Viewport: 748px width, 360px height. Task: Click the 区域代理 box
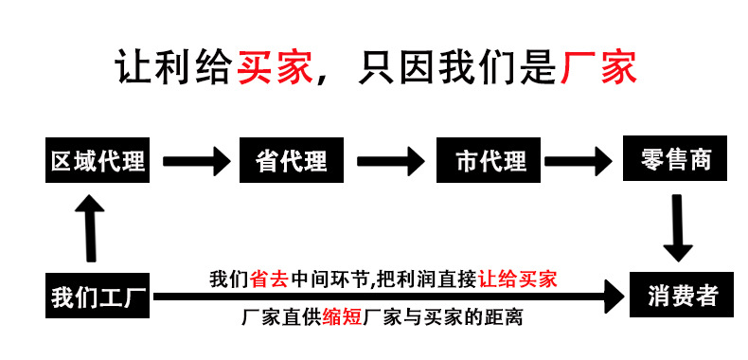point(98,162)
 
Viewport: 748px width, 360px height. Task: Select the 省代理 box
point(291,162)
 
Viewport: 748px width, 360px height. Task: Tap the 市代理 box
point(490,162)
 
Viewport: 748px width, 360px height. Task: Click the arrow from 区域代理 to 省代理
point(195,161)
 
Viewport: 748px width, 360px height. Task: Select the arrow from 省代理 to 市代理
point(389,161)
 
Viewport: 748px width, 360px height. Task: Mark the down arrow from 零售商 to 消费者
point(677,226)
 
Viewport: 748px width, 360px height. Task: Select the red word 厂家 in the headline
point(598,68)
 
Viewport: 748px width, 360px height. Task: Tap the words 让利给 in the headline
point(175,68)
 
